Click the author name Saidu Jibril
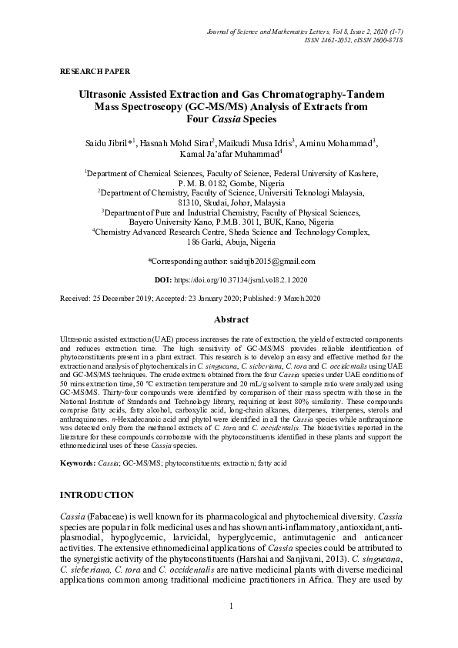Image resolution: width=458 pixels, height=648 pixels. [x=107, y=143]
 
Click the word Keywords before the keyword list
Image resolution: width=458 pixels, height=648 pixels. [x=77, y=464]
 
